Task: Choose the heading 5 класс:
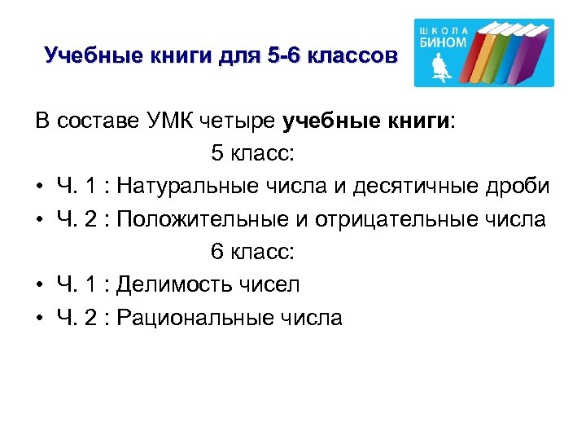[252, 154]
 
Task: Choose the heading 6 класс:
[252, 252]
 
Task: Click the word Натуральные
[187, 187]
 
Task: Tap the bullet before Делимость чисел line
[39, 285]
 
